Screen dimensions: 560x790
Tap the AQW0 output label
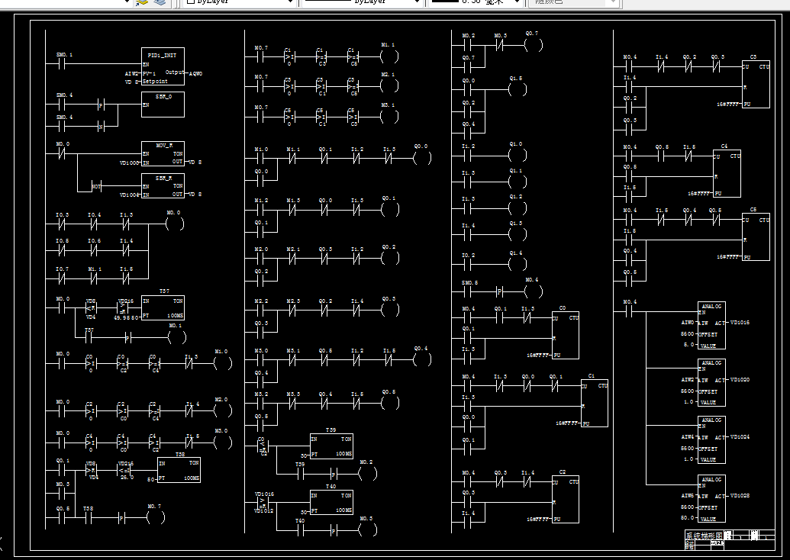pos(195,73)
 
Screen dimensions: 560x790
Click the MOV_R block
pos(163,153)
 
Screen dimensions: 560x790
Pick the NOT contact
pos(97,186)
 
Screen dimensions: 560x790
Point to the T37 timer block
pos(163,308)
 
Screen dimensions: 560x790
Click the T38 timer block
pos(179,469)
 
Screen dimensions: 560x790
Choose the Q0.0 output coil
pos(421,158)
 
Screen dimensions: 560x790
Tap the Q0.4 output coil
pos(421,360)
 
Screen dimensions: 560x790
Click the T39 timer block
pos(331,445)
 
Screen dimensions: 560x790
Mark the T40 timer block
pos(331,501)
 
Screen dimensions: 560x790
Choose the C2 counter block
pos(565,500)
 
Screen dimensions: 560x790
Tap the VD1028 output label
pos(740,496)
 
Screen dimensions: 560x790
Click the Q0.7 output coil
pos(533,45)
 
